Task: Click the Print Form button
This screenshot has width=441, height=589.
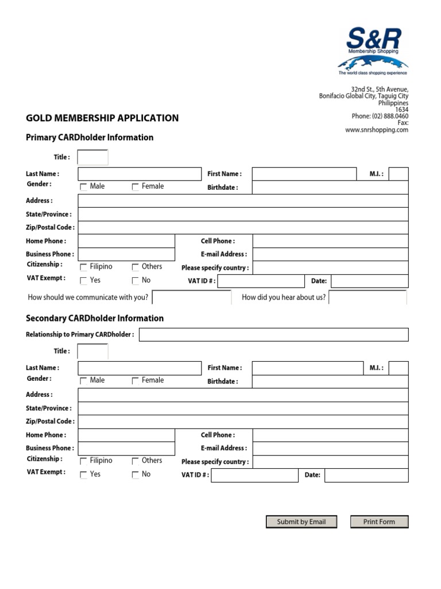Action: (x=379, y=522)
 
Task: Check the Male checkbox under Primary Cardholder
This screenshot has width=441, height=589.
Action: (x=84, y=187)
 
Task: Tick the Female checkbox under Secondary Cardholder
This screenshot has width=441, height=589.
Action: (x=136, y=381)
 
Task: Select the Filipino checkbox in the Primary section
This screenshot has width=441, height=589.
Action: (x=84, y=267)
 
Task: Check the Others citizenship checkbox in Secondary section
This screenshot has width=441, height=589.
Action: (x=136, y=461)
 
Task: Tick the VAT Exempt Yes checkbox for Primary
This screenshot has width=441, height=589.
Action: (x=84, y=281)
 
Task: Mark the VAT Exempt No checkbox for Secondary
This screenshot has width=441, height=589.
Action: (x=136, y=475)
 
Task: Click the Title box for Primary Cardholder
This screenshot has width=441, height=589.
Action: (x=92, y=157)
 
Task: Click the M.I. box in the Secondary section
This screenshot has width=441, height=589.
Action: (x=399, y=368)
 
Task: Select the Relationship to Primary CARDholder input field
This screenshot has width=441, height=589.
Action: (x=273, y=335)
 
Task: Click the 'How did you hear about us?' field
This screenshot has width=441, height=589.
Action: (x=367, y=297)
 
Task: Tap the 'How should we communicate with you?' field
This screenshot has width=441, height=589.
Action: (x=192, y=297)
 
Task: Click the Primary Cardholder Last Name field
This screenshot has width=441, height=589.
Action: (x=140, y=174)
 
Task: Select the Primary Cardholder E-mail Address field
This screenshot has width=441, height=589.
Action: (x=330, y=254)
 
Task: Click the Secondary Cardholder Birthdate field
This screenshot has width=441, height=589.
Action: (x=330, y=381)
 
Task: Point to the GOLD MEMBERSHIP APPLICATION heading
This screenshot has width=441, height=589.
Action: (x=102, y=118)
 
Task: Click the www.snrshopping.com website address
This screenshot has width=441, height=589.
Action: (x=377, y=130)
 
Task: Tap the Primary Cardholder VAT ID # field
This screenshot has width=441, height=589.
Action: (x=261, y=281)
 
